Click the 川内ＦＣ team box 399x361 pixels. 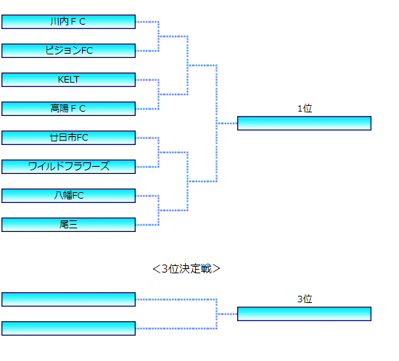68,22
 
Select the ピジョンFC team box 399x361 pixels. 68,51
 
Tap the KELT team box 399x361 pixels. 68,80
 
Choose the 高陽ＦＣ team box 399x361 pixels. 68,109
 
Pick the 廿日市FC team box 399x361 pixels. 68,138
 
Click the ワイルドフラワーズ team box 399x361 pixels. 68,167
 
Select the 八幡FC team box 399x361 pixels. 68,196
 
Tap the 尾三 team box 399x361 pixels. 68,225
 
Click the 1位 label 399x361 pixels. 305,109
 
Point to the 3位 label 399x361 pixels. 305,299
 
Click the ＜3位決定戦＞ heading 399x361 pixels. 186,269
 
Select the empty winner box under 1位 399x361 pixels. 305,123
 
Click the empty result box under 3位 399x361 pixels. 305,314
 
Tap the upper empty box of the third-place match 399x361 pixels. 68,299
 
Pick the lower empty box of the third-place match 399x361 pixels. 68,328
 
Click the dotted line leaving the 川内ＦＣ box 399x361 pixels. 147,22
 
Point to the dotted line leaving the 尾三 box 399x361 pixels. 147,225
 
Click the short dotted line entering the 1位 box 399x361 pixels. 227,123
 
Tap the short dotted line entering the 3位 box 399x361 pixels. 227,314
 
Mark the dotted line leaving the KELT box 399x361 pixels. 147,80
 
